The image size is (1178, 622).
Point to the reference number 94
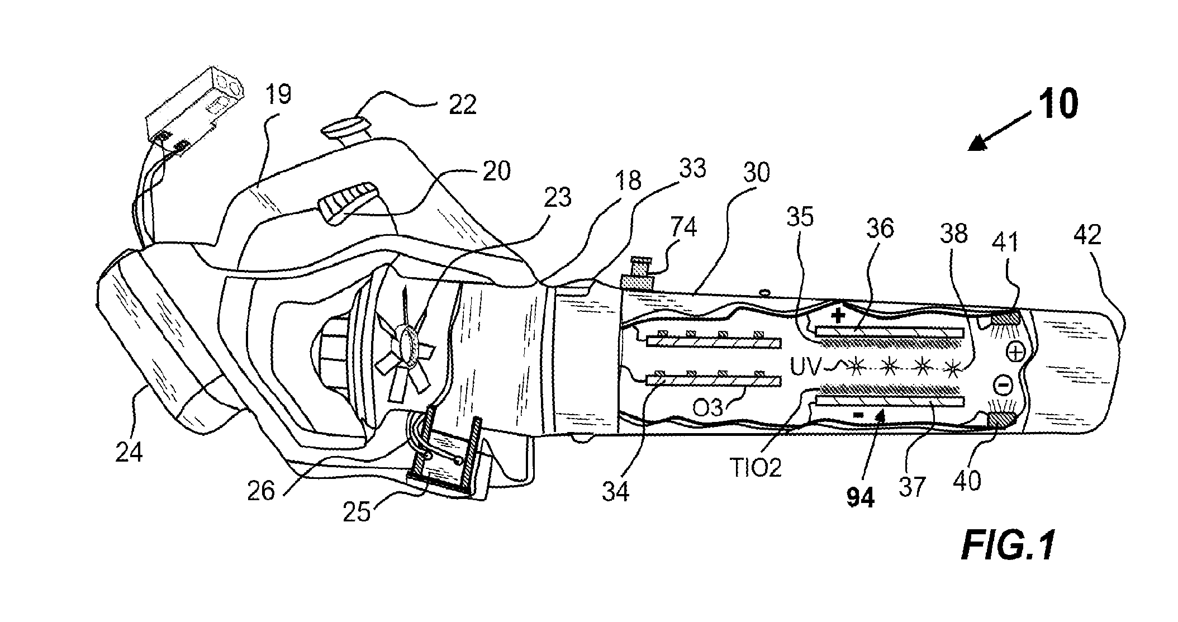[861, 497]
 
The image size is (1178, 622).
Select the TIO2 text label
[755, 468]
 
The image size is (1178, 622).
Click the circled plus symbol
[1015, 352]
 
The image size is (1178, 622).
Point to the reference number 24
[129, 452]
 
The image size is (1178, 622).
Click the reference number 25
[357, 512]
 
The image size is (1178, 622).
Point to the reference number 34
[616, 492]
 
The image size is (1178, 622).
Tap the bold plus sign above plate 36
[838, 316]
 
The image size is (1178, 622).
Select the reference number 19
[278, 95]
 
